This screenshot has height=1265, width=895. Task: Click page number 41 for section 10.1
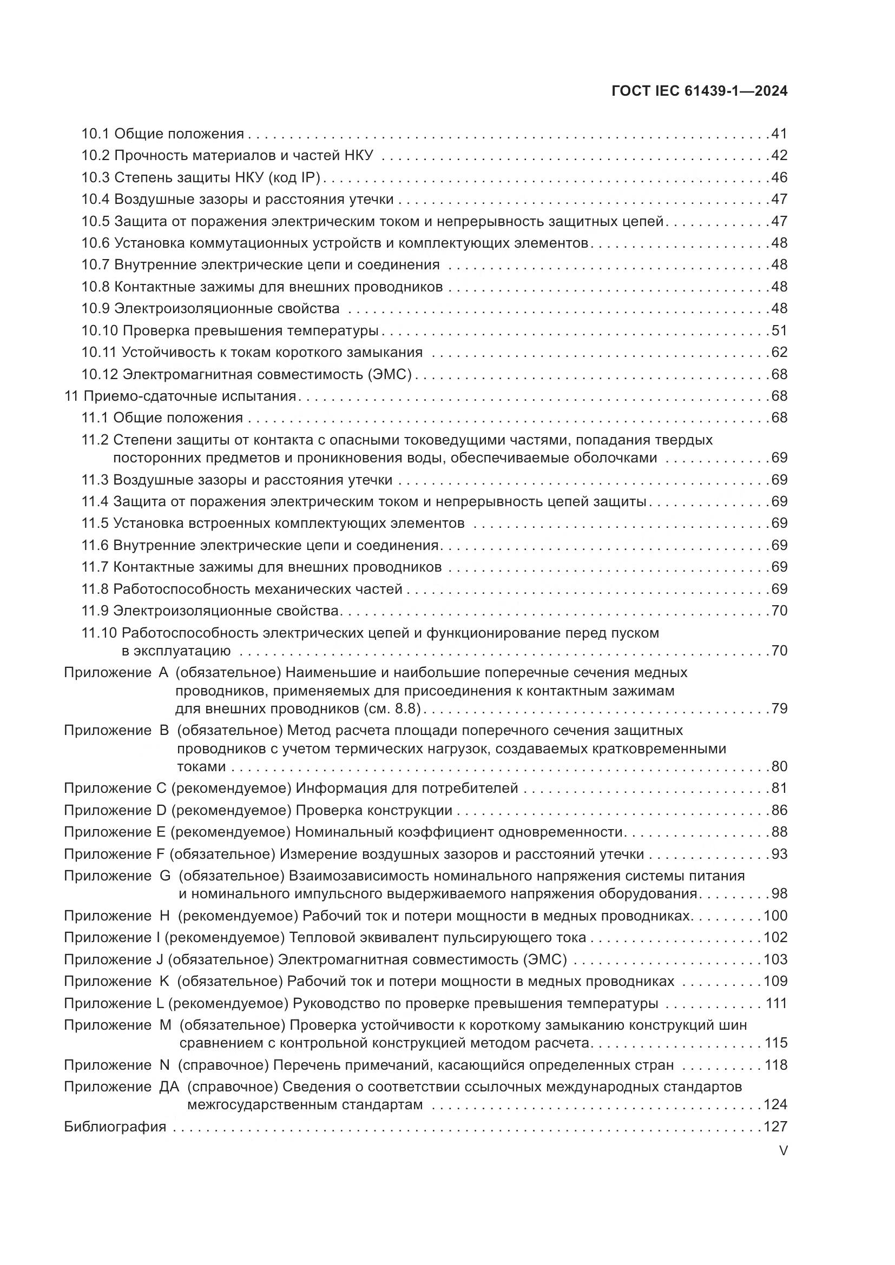[779, 134]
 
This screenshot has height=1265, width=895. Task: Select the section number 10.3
[96, 177]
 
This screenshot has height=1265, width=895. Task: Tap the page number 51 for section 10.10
[779, 330]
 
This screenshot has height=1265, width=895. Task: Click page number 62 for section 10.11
[779, 352]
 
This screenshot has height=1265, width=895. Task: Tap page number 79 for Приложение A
[779, 708]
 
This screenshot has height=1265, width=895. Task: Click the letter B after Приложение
[163, 730]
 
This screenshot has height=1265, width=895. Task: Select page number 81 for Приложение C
[779, 789]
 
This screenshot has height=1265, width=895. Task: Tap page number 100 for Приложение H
[775, 916]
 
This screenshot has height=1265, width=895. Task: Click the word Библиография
[115, 1127]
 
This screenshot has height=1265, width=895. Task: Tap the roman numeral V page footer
[783, 1151]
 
